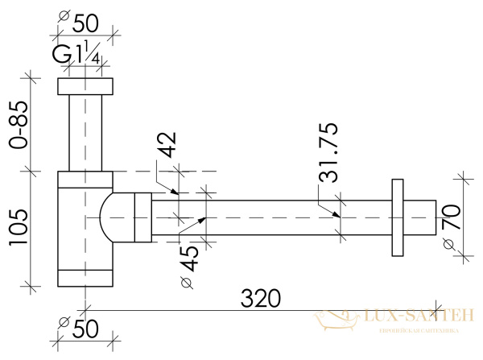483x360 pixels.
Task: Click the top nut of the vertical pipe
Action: pos(85,86)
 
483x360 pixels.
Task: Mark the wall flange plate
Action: pos(395,217)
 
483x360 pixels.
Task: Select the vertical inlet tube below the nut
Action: pos(85,133)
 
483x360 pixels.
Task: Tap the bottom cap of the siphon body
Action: pos(85,278)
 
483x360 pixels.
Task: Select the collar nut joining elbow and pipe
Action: pos(143,217)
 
